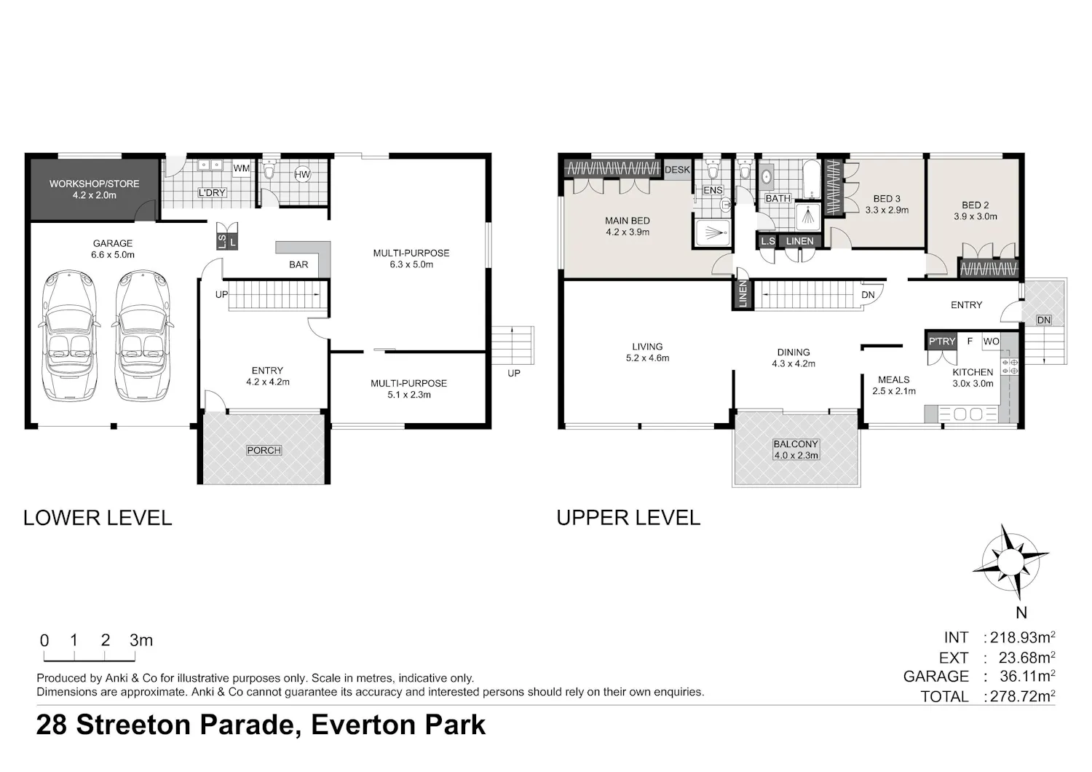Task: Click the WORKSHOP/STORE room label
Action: click(x=94, y=189)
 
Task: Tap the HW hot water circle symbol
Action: click(x=302, y=174)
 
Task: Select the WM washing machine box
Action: click(x=241, y=169)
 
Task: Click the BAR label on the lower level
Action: click(x=298, y=264)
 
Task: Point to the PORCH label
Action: click(x=264, y=450)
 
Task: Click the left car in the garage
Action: click(x=69, y=336)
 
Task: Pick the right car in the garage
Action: click(x=143, y=336)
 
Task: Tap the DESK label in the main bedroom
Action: click(x=677, y=170)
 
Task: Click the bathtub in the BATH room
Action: click(x=811, y=179)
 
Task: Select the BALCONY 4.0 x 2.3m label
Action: click(x=796, y=449)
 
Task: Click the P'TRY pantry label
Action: click(x=941, y=342)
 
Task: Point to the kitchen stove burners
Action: click(x=1009, y=366)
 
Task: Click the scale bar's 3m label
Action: click(x=141, y=640)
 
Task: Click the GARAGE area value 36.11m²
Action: click(x=1027, y=676)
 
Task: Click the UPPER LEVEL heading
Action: click(x=628, y=518)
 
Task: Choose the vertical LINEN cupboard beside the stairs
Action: click(x=743, y=294)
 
